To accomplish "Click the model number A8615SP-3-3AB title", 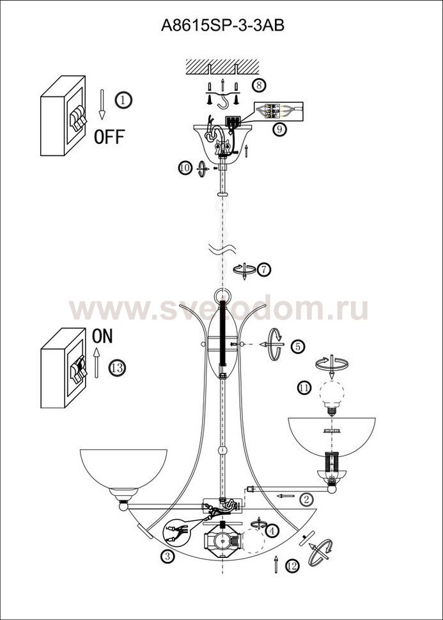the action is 222,26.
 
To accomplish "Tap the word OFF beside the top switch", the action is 109,137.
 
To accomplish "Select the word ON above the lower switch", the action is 102,336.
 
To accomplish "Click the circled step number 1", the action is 123,100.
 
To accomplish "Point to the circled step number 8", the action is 259,85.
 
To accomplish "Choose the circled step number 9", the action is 279,129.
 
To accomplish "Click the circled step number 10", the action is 185,169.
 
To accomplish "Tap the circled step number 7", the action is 264,270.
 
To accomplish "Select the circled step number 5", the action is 298,346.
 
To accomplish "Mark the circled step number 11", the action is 304,388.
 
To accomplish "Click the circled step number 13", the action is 117,368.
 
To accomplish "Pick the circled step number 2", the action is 306,499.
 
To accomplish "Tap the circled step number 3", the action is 167,556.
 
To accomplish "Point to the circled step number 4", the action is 272,531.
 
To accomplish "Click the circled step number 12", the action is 292,566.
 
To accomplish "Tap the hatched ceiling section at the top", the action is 222,67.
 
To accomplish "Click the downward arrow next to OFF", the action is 102,104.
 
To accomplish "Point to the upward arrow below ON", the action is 96,363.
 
